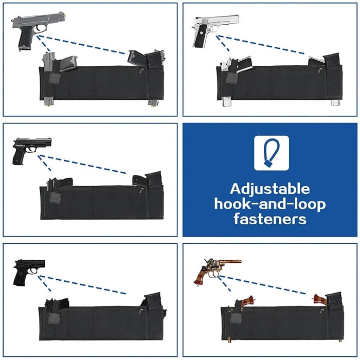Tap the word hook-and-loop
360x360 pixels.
tap(270, 204)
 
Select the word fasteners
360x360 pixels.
tap(270, 219)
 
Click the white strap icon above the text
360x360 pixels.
tap(272, 153)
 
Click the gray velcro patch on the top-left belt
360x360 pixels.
tap(55, 78)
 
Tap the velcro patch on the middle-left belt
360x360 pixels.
tap(56, 198)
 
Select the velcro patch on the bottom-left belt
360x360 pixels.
tap(54, 318)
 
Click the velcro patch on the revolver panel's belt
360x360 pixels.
tap(236, 318)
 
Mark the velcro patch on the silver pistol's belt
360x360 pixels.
tap(232, 78)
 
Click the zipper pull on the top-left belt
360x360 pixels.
tap(141, 71)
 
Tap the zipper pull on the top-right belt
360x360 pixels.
tap(319, 71)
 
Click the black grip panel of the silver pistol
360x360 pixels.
tap(200, 35)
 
